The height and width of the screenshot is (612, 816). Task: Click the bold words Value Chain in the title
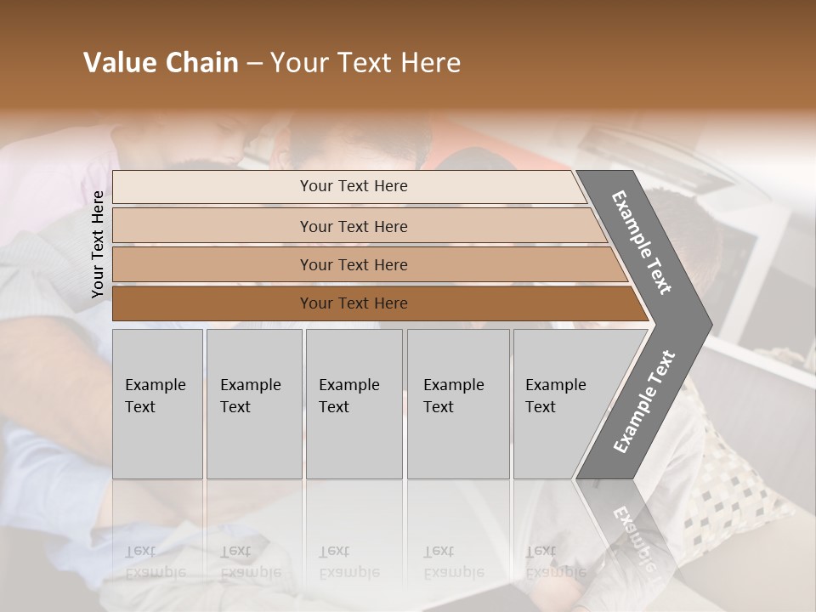coord(161,63)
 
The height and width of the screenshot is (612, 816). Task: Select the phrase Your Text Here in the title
coord(365,63)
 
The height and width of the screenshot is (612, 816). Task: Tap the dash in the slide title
coord(254,64)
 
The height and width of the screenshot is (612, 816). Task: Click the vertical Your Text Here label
coord(98,244)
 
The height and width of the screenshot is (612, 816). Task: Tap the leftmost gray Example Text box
coord(157,404)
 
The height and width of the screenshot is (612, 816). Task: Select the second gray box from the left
coord(254,404)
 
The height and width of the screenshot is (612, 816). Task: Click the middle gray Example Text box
coord(354,404)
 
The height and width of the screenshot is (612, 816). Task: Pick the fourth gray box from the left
coord(458,404)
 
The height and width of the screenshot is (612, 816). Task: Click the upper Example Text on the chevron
coord(642,242)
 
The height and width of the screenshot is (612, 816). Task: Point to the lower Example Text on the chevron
coord(644,401)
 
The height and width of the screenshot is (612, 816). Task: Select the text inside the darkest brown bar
coord(354,303)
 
